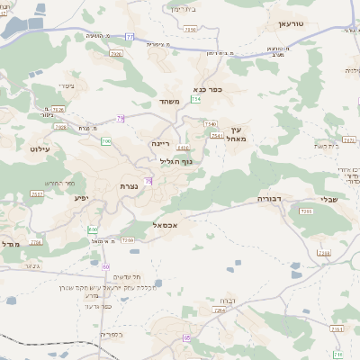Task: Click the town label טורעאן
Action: (293, 23)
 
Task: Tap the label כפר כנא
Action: (207, 88)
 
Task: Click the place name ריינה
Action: (160, 143)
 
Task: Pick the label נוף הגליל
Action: (170, 161)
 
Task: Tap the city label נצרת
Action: (127, 186)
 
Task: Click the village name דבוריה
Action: (268, 197)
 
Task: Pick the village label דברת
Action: (227, 301)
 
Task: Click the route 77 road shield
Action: (130, 37)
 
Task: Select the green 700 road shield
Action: (107, 141)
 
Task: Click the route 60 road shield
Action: (105, 266)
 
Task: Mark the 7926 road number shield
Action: (115, 54)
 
